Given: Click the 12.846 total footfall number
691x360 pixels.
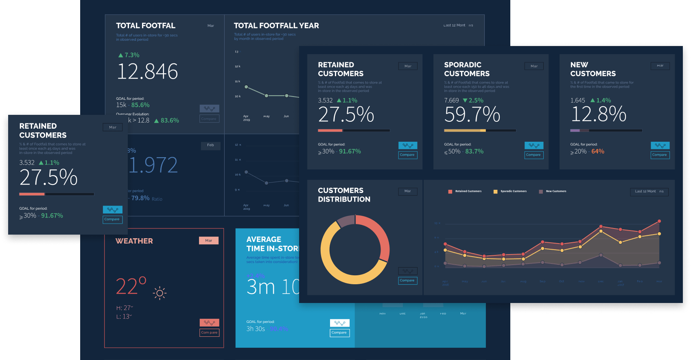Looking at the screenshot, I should pos(147,72).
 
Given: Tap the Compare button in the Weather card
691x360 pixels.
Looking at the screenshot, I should pos(209,333).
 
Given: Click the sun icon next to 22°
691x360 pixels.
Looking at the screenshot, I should pos(160,293).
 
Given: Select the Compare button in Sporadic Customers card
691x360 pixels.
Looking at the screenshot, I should pos(533,155).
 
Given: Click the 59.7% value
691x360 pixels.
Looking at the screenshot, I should pos(472,114).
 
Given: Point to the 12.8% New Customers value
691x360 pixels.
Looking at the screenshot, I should pos(598,114).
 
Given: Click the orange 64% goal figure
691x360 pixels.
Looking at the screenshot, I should pos(597,151).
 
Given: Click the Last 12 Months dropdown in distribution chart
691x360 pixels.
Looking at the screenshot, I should pos(649,191).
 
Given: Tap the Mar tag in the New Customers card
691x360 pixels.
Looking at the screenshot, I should pos(660,66).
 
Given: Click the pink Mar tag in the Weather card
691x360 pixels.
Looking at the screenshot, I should pos(208,241).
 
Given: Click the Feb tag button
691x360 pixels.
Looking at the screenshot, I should pos(210,145).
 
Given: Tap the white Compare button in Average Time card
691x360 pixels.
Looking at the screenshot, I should pos(339,333).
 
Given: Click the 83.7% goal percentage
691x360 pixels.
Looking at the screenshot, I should pos(474,151).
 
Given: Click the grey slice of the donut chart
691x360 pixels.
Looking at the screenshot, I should pos(345,221).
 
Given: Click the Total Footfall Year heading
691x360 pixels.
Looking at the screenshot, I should pos(276,26).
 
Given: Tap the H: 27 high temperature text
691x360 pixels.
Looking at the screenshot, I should pos(125,308).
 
